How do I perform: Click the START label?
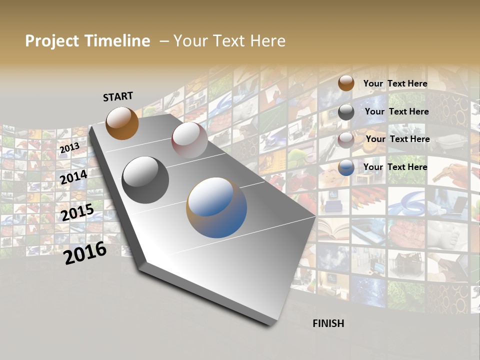pyautogui.click(x=118, y=96)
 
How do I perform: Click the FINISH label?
pyautogui.click(x=328, y=323)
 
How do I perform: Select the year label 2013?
pyautogui.click(x=69, y=148)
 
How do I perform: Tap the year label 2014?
pyautogui.click(x=73, y=177)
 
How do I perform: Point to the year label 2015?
pyautogui.click(x=77, y=212)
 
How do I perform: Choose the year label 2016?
pyautogui.click(x=85, y=253)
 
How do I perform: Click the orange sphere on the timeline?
pyautogui.click(x=122, y=123)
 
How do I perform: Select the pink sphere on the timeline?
pyautogui.click(x=189, y=139)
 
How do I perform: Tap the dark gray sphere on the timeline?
pyautogui.click(x=145, y=180)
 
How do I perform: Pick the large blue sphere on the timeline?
pyautogui.click(x=216, y=207)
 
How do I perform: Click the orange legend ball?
pyautogui.click(x=346, y=83)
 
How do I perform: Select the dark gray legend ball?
pyautogui.click(x=346, y=112)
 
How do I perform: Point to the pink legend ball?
pyautogui.click(x=346, y=140)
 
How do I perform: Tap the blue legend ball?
pyautogui.click(x=346, y=168)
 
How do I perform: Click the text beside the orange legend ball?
pyautogui.click(x=395, y=83)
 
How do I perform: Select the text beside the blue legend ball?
pyautogui.click(x=395, y=167)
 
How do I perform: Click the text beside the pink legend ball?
pyautogui.click(x=397, y=139)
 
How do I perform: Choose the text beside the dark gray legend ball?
pyautogui.click(x=396, y=111)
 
